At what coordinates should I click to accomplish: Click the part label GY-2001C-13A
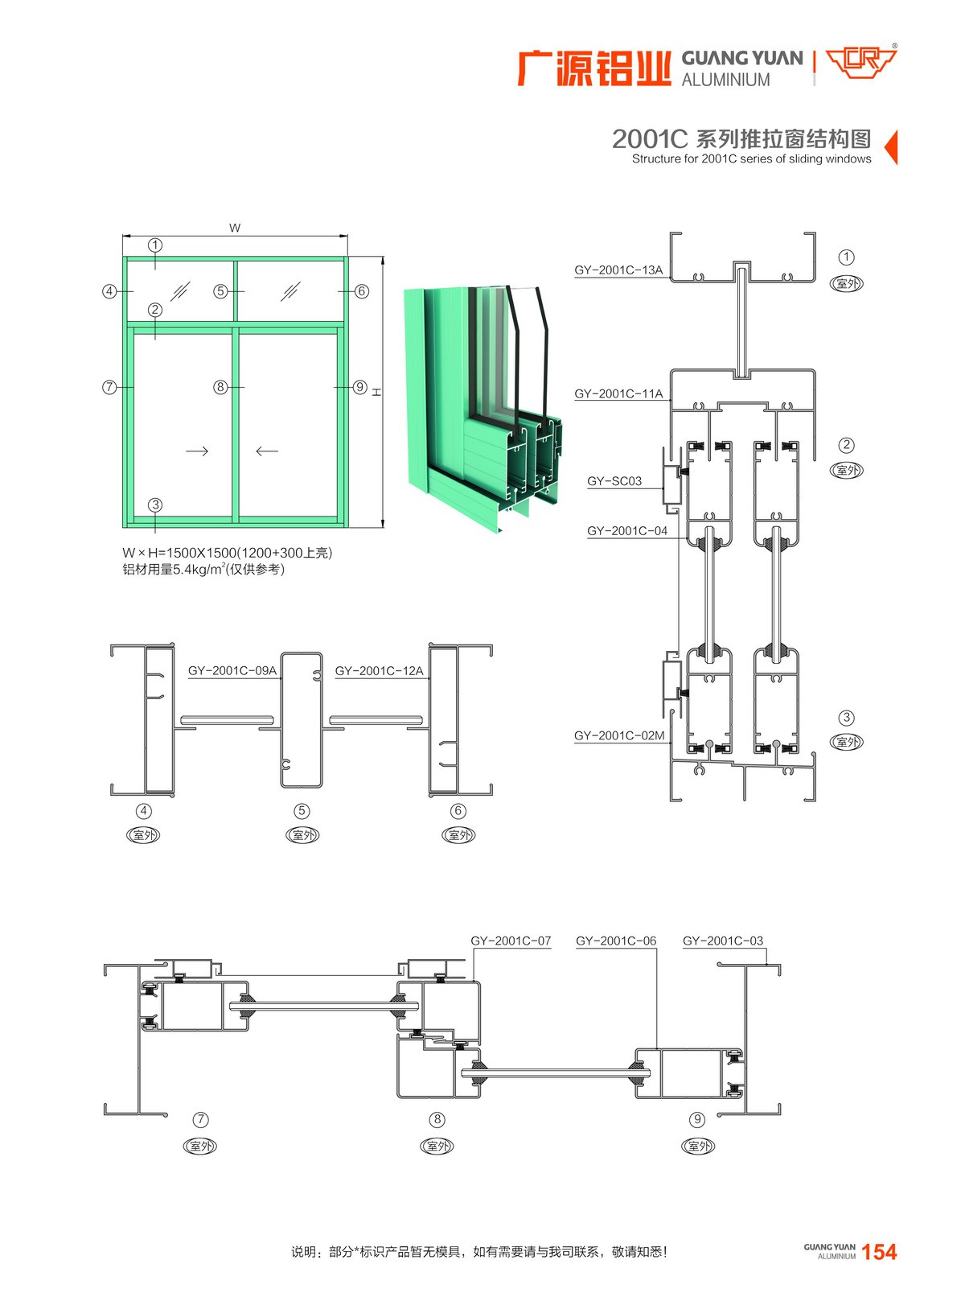point(618,270)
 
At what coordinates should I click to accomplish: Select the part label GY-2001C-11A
point(618,393)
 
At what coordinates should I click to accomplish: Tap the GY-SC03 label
point(614,481)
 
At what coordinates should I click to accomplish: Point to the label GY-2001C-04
point(627,531)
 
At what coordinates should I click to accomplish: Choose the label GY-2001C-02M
point(619,735)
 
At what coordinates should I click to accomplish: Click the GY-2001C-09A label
point(232,670)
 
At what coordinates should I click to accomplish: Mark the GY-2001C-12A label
point(379,670)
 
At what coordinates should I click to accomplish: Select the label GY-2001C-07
point(511,941)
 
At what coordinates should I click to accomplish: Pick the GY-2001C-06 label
point(615,941)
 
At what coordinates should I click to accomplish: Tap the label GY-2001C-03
point(723,941)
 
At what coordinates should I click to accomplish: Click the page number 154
point(880,1252)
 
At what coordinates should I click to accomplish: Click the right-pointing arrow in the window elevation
point(197,451)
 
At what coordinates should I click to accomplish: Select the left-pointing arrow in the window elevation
point(267,451)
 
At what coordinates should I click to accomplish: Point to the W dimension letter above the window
point(235,228)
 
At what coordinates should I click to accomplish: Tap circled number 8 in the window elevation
point(220,387)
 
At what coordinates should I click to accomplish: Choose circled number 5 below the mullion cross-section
point(302,811)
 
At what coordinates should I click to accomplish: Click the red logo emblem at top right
point(861,64)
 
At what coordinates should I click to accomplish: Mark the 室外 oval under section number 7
point(200,1146)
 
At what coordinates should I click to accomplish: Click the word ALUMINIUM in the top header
point(726,80)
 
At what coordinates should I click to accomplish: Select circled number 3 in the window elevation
point(154,504)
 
